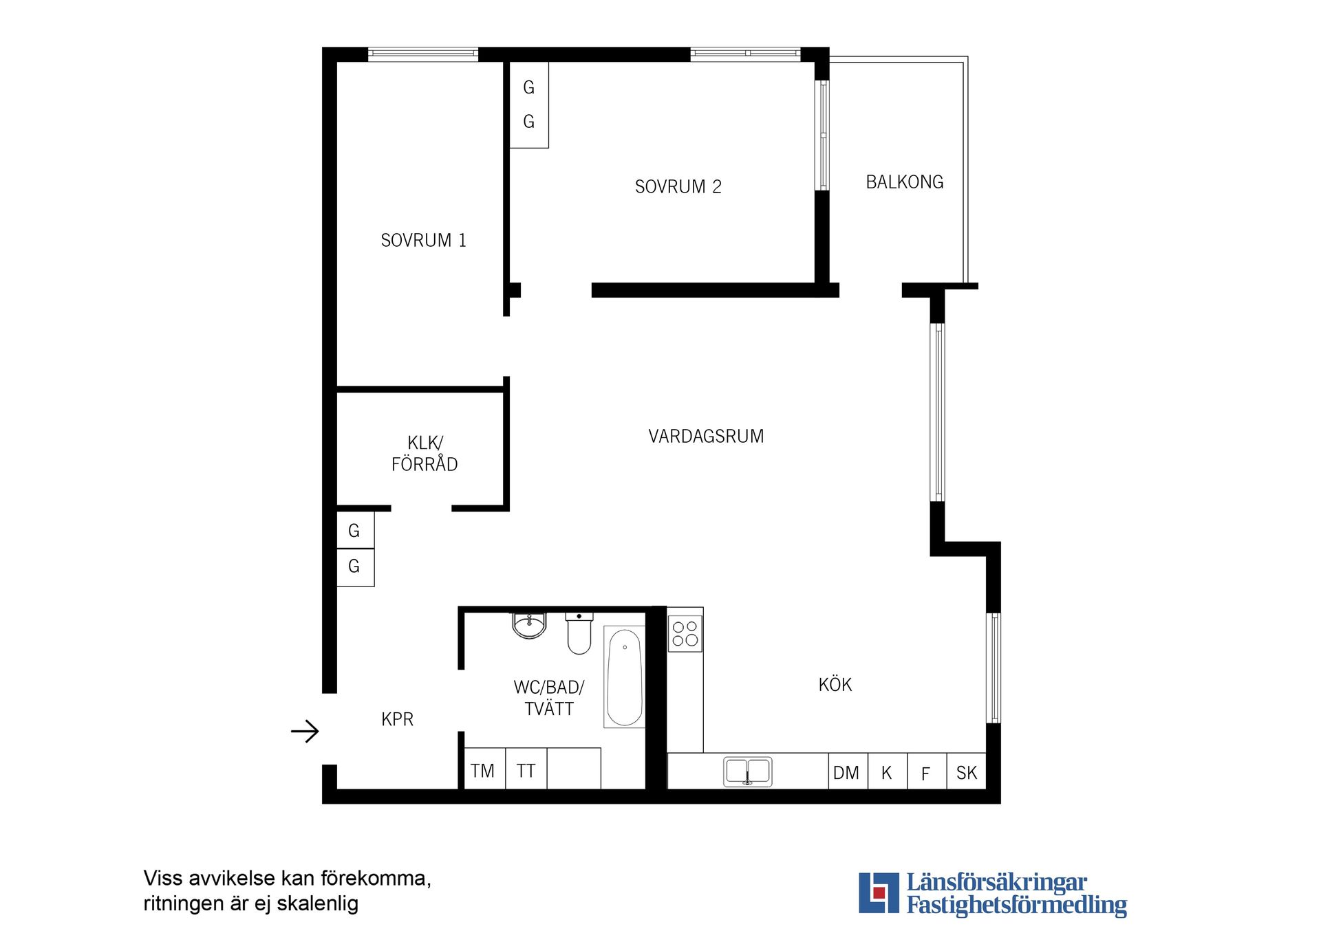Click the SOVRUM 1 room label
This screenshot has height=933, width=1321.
click(x=423, y=240)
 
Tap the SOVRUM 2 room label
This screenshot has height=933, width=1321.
click(x=678, y=186)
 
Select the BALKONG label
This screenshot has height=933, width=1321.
click(x=904, y=182)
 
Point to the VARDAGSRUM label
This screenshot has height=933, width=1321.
click(x=706, y=436)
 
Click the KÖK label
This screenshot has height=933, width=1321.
click(x=835, y=684)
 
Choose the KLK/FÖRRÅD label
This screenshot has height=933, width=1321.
click(x=425, y=453)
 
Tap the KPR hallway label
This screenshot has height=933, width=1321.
click(x=397, y=719)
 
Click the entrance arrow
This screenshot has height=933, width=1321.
click(x=305, y=731)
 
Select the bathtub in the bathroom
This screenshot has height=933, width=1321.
click(x=625, y=677)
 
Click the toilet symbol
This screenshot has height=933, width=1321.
click(x=579, y=633)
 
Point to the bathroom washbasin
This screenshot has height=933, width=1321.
click(x=529, y=625)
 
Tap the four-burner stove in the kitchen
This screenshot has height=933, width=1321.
click(x=685, y=633)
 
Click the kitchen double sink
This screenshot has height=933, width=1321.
click(x=747, y=771)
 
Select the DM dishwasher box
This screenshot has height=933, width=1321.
click(x=847, y=771)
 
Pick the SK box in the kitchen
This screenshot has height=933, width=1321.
click(x=967, y=771)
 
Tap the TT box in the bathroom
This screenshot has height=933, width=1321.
click(x=526, y=769)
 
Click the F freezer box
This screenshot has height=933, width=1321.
click(x=927, y=771)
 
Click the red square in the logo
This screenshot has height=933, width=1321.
click(x=879, y=893)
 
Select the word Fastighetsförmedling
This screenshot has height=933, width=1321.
click(x=1016, y=905)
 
